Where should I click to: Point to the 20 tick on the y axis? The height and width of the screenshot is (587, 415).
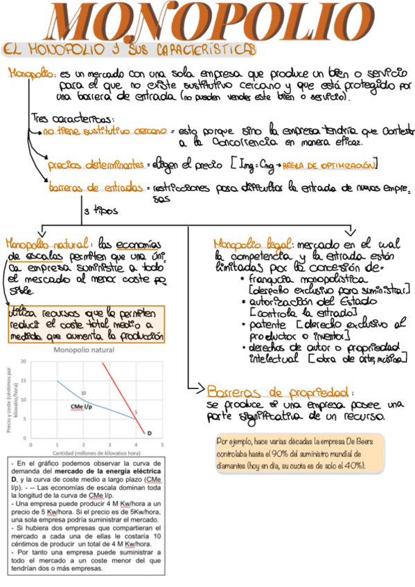tap(24, 361)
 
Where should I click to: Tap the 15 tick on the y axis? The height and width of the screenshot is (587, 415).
tap(24, 381)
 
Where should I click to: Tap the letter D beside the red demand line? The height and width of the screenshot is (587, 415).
tap(149, 433)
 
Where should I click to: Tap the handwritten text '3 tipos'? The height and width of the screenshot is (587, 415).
tap(106, 210)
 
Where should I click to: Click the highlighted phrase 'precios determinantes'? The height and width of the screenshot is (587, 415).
tap(94, 166)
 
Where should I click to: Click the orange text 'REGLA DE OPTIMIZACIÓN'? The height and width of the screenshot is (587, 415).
tap(335, 165)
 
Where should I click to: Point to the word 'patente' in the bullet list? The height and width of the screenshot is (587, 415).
tap(263, 324)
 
